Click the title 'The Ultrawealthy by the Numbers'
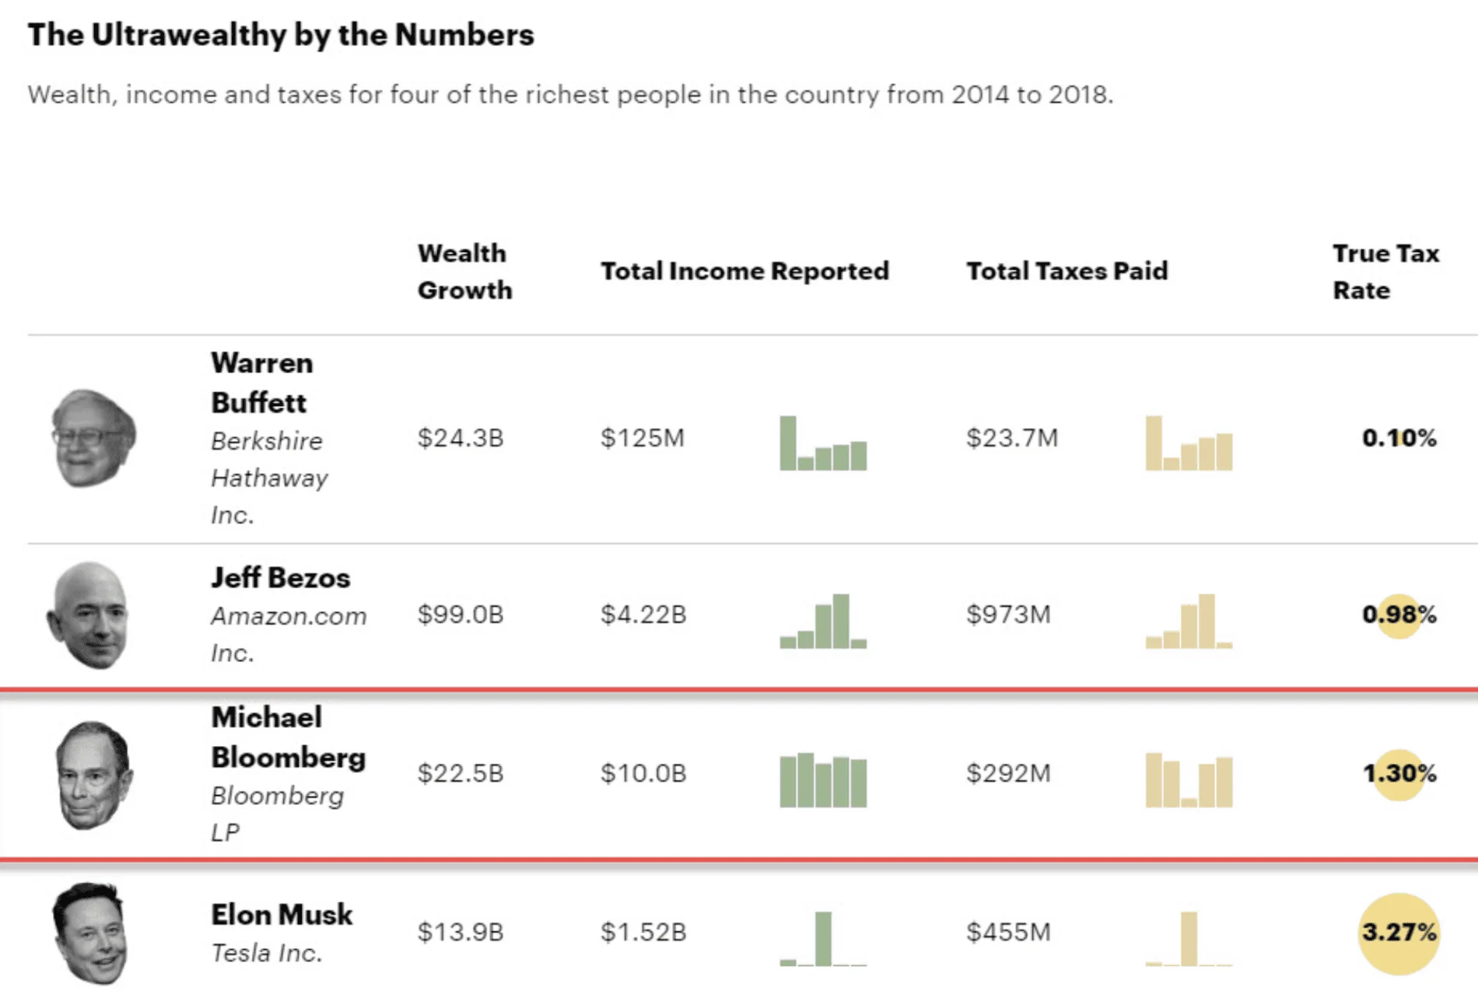tap(281, 35)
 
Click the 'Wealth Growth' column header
tap(464, 271)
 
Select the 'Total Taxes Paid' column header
tap(1066, 271)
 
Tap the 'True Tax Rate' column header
tap(1385, 271)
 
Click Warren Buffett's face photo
tap(93, 439)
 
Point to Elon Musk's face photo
tap(89, 933)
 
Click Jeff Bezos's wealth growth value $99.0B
tap(461, 615)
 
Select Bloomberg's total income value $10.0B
tap(643, 773)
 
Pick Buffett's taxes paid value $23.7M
tap(1011, 438)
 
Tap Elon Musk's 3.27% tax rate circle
tap(1398, 933)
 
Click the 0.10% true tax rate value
tap(1398, 438)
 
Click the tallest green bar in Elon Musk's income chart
tap(823, 938)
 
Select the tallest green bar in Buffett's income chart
tap(788, 443)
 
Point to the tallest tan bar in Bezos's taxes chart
tap(1207, 621)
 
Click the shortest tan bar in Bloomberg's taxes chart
tap(1189, 802)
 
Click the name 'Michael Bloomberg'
tap(288, 737)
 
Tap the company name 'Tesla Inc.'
tap(267, 953)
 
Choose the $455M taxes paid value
tap(1008, 932)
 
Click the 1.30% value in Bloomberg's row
tap(1398, 773)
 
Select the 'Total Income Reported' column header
tap(744, 271)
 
